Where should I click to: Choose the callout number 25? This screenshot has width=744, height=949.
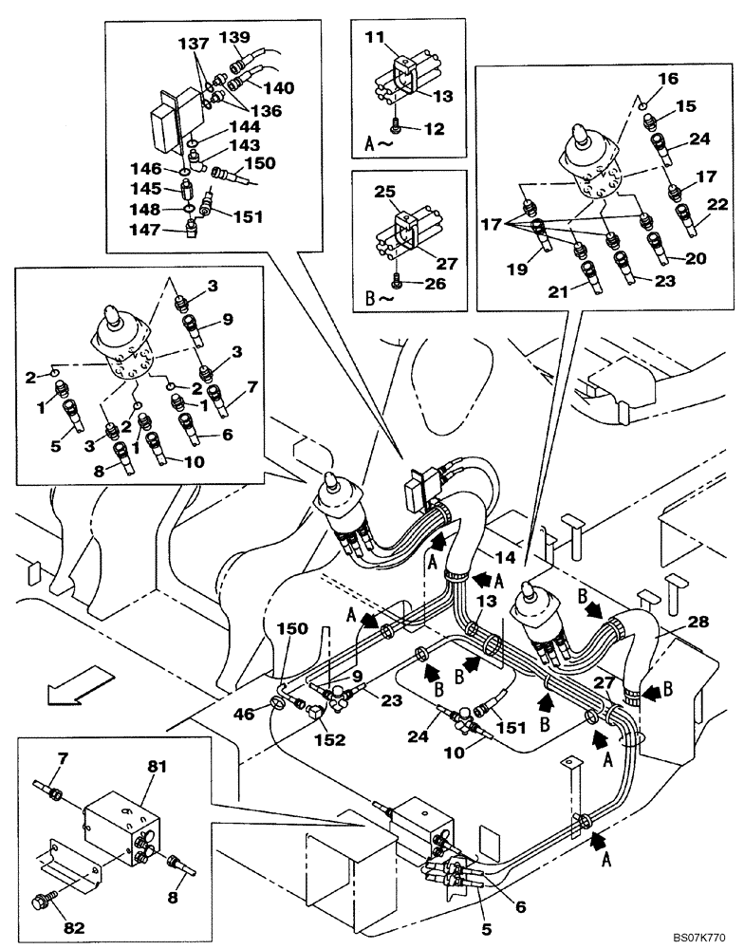pyautogui.click(x=383, y=193)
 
